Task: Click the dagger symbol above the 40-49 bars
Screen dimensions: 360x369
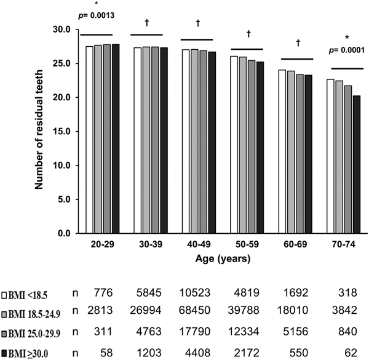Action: point(198,23)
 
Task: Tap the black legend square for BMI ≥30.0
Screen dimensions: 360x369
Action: point(5,351)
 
